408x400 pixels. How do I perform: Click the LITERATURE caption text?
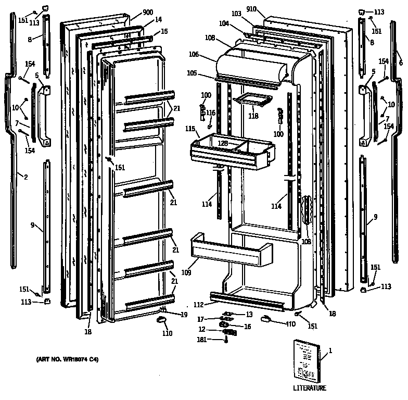[309, 388]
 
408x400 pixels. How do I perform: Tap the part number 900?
[147, 12]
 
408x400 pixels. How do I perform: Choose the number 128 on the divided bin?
[223, 142]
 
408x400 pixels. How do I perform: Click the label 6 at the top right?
[401, 63]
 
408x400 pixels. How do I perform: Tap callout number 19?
[184, 315]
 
